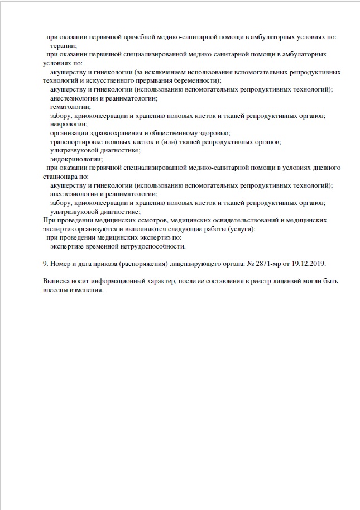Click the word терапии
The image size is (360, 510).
(63, 46)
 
